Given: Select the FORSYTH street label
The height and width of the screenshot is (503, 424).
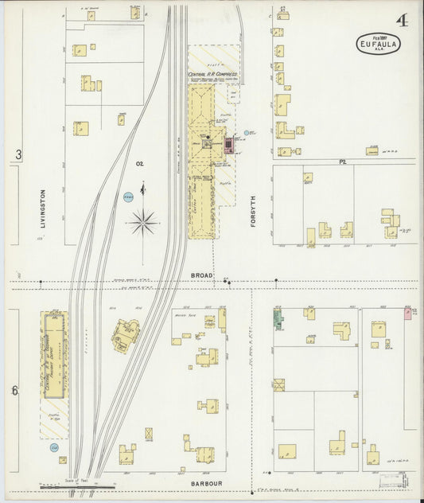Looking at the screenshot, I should pyautogui.click(x=255, y=212).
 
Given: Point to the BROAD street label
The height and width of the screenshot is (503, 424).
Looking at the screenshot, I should pyautogui.click(x=201, y=275).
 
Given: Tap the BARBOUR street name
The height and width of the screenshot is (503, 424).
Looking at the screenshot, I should pyautogui.click(x=204, y=482).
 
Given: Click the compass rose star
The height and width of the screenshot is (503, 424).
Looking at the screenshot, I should pyautogui.click(x=142, y=221).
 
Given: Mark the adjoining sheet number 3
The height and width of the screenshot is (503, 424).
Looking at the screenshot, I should pyautogui.click(x=18, y=154).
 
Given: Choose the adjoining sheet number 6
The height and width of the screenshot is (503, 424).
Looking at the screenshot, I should pyautogui.click(x=15, y=390).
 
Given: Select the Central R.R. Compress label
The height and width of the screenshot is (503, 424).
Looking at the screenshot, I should pyautogui.click(x=209, y=75).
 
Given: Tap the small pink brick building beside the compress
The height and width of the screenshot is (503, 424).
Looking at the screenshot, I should pyautogui.click(x=230, y=144).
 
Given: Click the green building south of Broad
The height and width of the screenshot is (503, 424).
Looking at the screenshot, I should pyautogui.click(x=278, y=320).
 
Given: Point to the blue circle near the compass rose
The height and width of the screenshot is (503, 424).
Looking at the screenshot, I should pyautogui.click(x=128, y=196).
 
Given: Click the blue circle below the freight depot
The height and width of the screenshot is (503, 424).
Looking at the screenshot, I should pyautogui.click(x=55, y=448).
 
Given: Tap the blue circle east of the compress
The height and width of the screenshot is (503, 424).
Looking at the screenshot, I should pyautogui.click(x=248, y=133).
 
